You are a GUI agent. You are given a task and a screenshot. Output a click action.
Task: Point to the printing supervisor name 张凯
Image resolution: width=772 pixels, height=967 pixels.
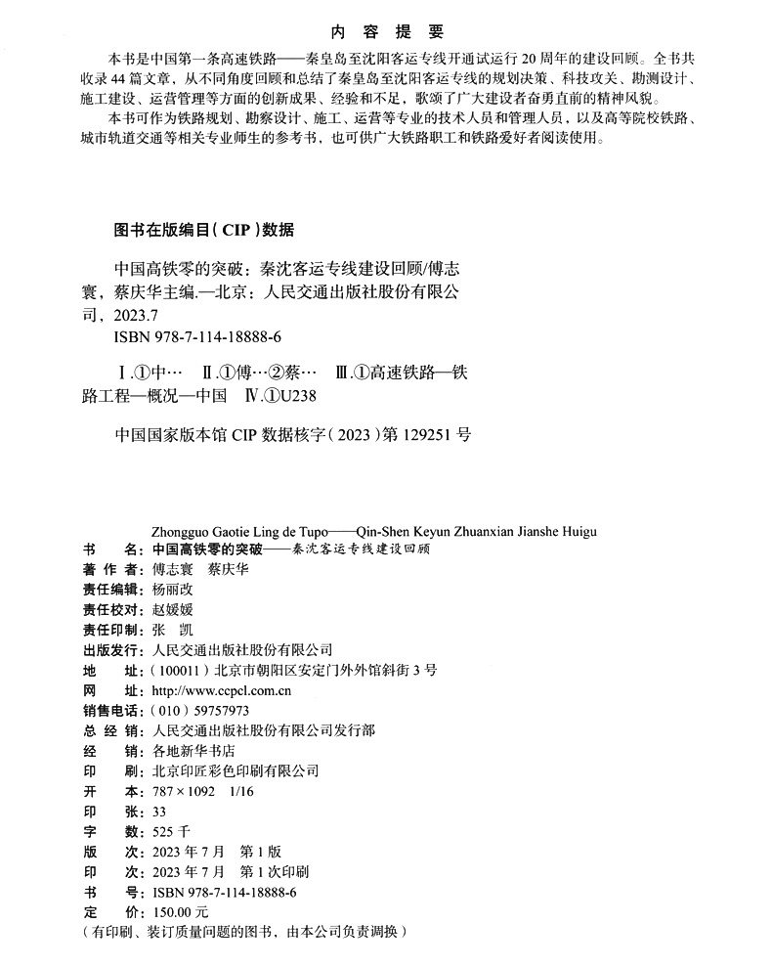[x=167, y=630]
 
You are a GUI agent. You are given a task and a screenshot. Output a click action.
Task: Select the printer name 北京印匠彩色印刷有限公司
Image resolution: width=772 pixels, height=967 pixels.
[x=236, y=770]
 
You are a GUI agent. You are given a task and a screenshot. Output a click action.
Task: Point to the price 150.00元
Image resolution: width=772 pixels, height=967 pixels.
[x=174, y=911]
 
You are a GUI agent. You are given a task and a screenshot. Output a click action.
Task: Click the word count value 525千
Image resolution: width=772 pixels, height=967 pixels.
[x=170, y=831]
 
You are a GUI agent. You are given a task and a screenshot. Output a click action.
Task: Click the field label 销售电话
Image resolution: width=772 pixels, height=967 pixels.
[x=111, y=711]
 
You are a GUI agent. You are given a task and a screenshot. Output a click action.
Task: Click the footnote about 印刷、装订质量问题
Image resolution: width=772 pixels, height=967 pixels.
[x=243, y=932]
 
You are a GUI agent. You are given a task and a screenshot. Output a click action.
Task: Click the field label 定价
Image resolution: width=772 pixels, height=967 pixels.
[x=111, y=911]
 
